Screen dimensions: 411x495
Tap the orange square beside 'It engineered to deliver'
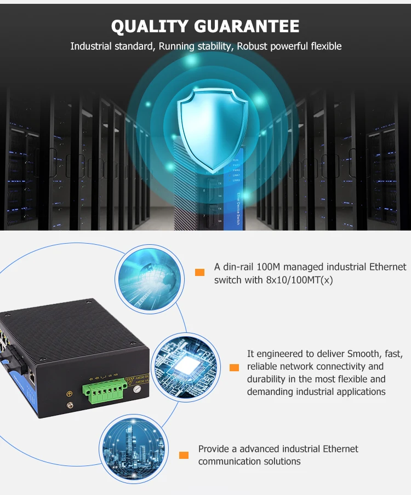click(x=234, y=367)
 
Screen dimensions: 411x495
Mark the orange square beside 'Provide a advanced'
click(x=184, y=454)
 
